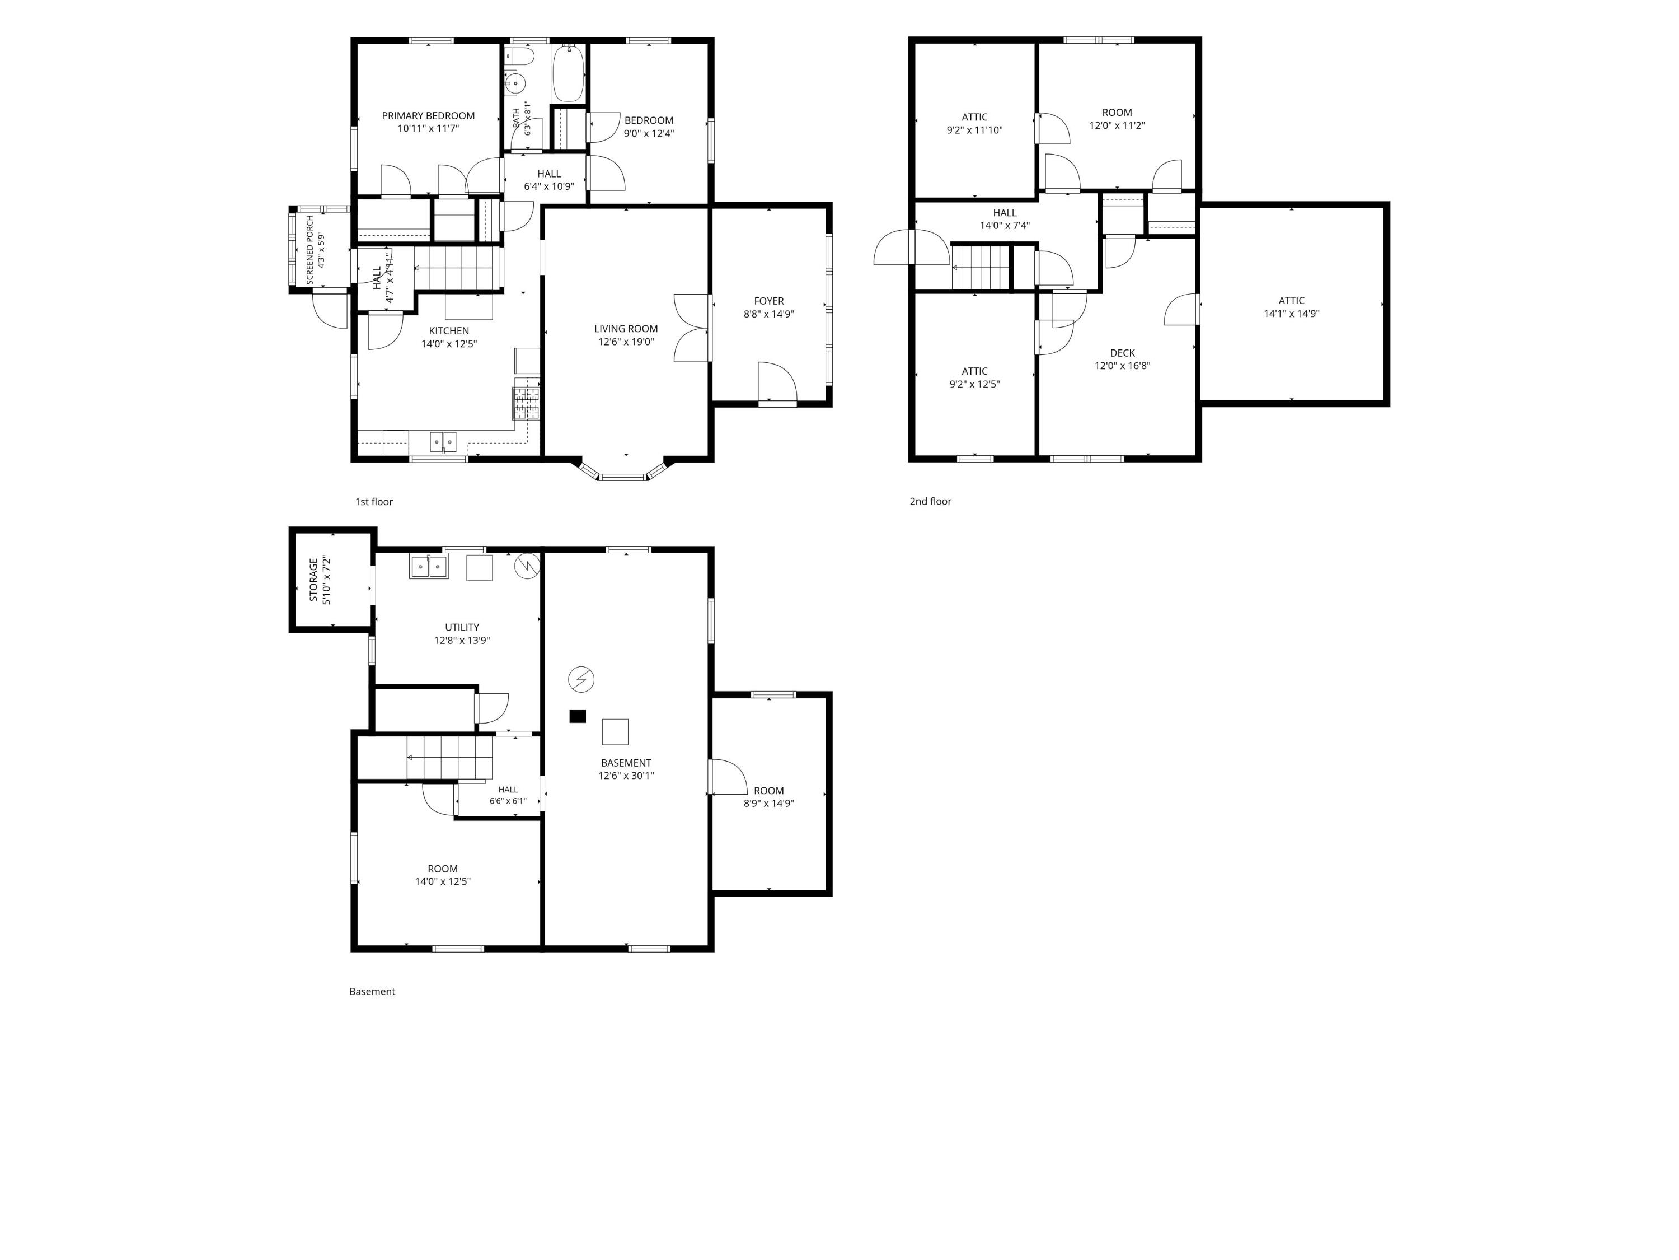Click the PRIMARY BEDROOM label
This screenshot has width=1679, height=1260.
[428, 115]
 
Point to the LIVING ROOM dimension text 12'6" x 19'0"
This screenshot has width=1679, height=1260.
[626, 342]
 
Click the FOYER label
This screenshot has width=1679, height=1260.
[769, 301]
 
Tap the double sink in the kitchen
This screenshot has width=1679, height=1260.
[443, 441]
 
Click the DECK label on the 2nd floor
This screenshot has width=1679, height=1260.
[1123, 352]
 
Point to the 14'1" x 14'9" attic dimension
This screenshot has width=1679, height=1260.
[1292, 313]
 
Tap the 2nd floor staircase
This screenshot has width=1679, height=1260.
[982, 267]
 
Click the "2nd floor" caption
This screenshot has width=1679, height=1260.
[931, 501]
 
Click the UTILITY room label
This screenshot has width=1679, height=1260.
[462, 627]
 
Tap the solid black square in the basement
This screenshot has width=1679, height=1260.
[578, 716]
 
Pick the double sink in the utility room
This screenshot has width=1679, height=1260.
[429, 567]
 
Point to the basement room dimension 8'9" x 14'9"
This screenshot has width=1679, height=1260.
[769, 803]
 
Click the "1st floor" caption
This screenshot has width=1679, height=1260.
[374, 501]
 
